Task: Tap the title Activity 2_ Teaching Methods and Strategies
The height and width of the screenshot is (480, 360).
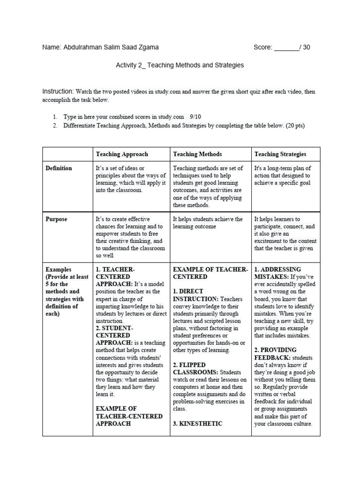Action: click(180, 65)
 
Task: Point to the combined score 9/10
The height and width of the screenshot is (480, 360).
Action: click(195, 117)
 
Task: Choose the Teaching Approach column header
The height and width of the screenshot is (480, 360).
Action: click(122, 154)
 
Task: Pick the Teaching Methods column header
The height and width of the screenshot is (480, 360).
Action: click(197, 154)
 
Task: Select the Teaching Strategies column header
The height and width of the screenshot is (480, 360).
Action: click(280, 154)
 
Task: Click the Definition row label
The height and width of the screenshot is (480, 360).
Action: click(59, 168)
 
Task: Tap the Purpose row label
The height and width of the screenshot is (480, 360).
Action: click(56, 219)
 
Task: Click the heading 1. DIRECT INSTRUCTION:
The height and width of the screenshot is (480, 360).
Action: click(196, 295)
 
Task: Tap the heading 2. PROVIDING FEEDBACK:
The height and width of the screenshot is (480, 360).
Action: click(277, 354)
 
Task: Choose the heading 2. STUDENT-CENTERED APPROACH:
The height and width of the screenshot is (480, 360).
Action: click(115, 336)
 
